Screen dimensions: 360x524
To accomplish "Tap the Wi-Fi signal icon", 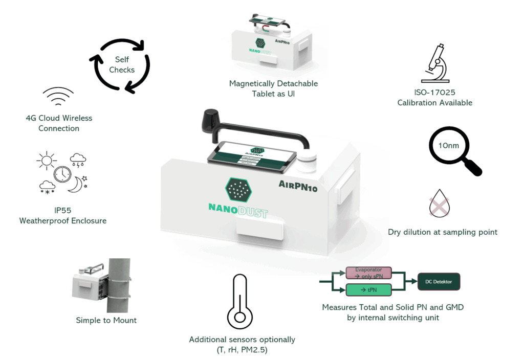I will [x=58, y=97].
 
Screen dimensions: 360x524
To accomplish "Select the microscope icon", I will [x=435, y=64].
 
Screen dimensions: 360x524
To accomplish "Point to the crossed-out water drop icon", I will [x=439, y=204].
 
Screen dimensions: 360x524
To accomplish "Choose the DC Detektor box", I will [x=439, y=282].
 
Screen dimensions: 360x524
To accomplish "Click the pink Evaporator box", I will [x=368, y=273].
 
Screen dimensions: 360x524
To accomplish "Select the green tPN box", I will [x=368, y=290].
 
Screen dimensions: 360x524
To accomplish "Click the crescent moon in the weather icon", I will [x=76, y=185].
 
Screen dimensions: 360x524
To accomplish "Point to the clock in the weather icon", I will [x=62, y=174].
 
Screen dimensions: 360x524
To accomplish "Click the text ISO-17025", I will [x=434, y=93].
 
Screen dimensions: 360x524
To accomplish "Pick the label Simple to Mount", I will [x=106, y=321].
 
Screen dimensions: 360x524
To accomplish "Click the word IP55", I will [x=63, y=210].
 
